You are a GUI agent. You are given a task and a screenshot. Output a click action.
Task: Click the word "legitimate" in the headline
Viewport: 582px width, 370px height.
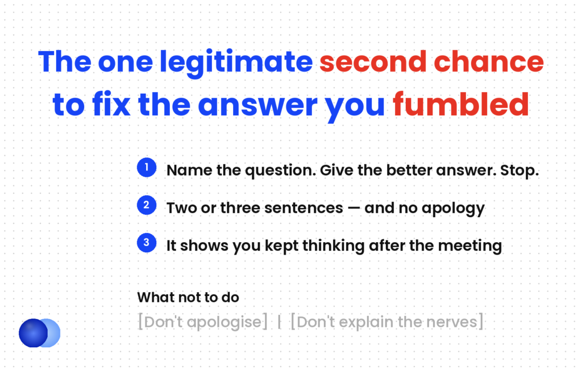[236, 63]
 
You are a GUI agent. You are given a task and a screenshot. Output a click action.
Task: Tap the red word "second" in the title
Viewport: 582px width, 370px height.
[373, 61]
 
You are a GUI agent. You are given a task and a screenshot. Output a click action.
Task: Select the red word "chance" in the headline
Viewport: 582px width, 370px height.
[488, 61]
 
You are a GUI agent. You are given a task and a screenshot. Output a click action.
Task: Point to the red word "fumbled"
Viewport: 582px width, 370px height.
[460, 104]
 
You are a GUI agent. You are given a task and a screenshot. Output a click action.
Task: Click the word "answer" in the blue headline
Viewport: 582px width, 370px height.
[257, 106]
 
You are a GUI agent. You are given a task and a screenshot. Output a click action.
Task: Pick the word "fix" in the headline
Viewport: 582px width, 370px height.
[111, 104]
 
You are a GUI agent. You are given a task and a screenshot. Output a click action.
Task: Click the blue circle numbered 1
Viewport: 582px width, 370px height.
[147, 167]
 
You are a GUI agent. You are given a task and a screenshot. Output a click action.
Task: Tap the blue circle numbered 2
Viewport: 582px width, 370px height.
[147, 205]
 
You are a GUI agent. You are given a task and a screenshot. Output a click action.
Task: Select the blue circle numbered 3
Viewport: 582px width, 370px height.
[147, 243]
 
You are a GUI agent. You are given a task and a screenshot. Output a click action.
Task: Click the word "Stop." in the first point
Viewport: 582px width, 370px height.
[519, 171]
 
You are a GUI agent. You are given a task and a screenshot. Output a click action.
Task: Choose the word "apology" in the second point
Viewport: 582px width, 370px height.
[453, 209]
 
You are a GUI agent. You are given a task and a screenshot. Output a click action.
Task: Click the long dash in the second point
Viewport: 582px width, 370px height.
[354, 208]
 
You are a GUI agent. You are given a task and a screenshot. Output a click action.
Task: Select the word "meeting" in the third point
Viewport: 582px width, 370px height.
[469, 246]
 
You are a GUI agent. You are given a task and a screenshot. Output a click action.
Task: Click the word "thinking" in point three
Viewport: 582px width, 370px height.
[333, 246]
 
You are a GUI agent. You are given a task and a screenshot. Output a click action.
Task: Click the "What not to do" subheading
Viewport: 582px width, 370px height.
[188, 297]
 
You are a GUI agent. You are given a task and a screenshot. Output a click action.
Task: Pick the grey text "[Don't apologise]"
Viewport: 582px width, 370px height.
[203, 322]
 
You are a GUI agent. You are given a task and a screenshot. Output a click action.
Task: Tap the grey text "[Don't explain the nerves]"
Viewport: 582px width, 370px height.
[386, 322]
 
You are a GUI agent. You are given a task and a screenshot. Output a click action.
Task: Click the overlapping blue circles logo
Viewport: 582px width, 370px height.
[39, 333]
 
